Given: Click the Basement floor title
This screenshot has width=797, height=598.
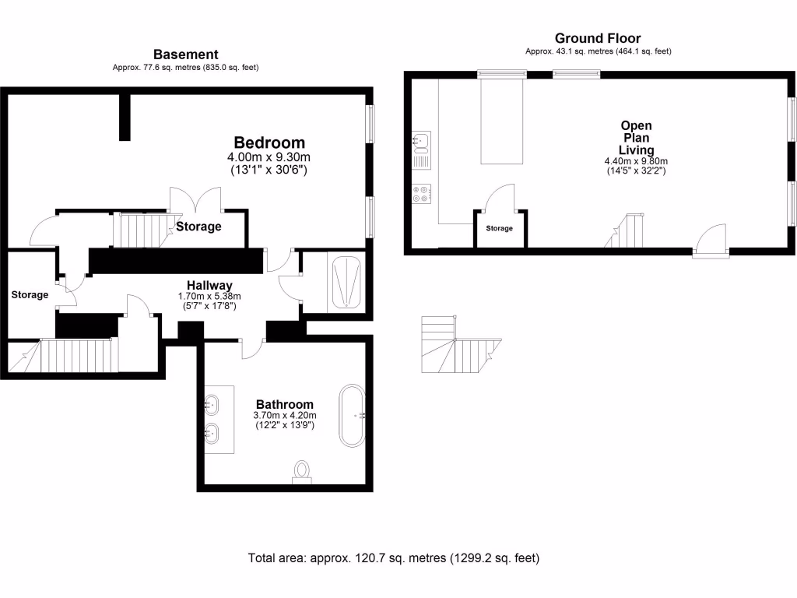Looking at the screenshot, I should pyautogui.click(x=185, y=55).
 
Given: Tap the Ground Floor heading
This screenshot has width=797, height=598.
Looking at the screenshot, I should pyautogui.click(x=598, y=38).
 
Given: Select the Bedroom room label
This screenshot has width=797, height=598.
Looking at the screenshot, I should pyautogui.click(x=269, y=142).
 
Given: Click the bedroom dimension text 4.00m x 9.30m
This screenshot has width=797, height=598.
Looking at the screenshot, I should pyautogui.click(x=269, y=157).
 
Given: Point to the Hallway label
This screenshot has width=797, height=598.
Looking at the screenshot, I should pyautogui.click(x=210, y=285).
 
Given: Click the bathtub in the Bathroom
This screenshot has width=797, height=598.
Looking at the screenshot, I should pyautogui.click(x=350, y=415).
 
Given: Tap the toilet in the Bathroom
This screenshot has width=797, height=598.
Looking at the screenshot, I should pyautogui.click(x=302, y=471).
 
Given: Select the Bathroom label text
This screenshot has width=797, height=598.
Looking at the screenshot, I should pyautogui.click(x=285, y=404).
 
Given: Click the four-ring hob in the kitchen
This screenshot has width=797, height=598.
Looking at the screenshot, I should pyautogui.click(x=421, y=193).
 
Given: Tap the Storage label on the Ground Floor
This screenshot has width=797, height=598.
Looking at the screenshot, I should pyautogui.click(x=500, y=228).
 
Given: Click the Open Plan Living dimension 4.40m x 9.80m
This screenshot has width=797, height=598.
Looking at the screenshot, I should pyautogui.click(x=636, y=161).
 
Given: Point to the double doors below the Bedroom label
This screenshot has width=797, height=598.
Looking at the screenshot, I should pyautogui.click(x=195, y=200).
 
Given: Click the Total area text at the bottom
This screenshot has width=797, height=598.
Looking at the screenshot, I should pyautogui.click(x=393, y=558).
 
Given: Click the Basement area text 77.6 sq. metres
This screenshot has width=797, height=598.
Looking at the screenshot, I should pyautogui.click(x=185, y=68).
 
